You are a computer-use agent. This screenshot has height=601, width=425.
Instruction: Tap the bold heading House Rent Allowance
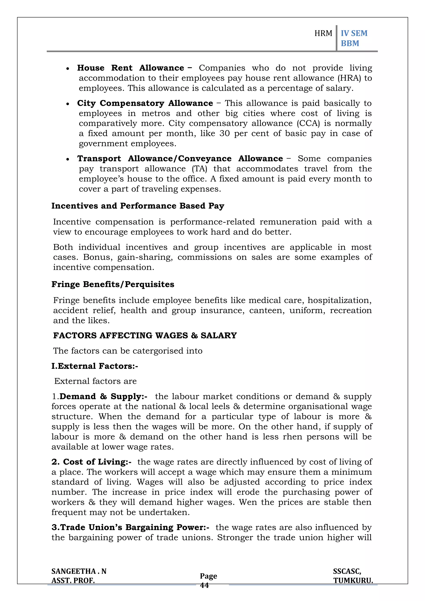130,68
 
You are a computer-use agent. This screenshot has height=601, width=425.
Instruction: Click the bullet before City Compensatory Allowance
68,104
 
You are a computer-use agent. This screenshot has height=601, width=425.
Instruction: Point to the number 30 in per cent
224,133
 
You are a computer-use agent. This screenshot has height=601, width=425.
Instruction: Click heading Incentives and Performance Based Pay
138,206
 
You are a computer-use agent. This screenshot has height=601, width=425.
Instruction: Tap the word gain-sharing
145,257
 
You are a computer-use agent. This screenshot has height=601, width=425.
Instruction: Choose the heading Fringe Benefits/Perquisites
113,285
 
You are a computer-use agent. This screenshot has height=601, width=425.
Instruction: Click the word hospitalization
339,300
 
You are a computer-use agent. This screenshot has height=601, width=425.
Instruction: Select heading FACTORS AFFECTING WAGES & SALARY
145,336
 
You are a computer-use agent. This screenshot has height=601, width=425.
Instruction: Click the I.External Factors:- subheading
95,366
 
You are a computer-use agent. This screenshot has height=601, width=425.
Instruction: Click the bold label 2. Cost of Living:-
91,462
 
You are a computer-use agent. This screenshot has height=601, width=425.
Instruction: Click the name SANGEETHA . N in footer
79,571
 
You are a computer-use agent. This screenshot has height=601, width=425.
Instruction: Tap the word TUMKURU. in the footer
353,581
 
